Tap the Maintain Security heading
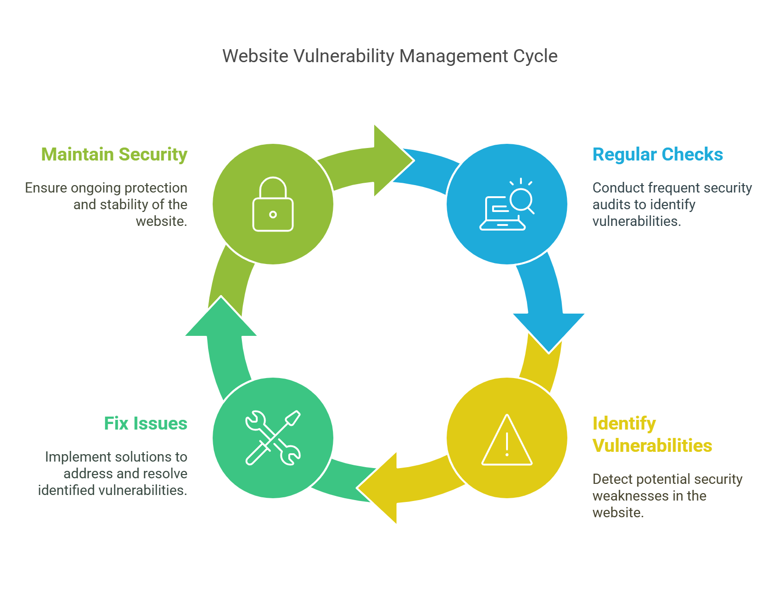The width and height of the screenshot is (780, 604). click(114, 154)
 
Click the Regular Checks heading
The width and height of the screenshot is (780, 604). click(657, 154)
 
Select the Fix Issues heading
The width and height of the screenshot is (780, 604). click(145, 424)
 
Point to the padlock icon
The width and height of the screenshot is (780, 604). click(273, 205)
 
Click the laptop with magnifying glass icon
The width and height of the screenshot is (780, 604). click(507, 205)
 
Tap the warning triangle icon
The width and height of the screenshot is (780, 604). click(507, 441)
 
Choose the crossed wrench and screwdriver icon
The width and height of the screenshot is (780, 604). click(273, 438)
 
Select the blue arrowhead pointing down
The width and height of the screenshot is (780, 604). click(548, 330)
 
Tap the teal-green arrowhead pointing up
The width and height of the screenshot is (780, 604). click(221, 318)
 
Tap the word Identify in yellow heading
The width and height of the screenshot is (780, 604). click(624, 424)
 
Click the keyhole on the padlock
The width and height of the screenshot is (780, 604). click(273, 214)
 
